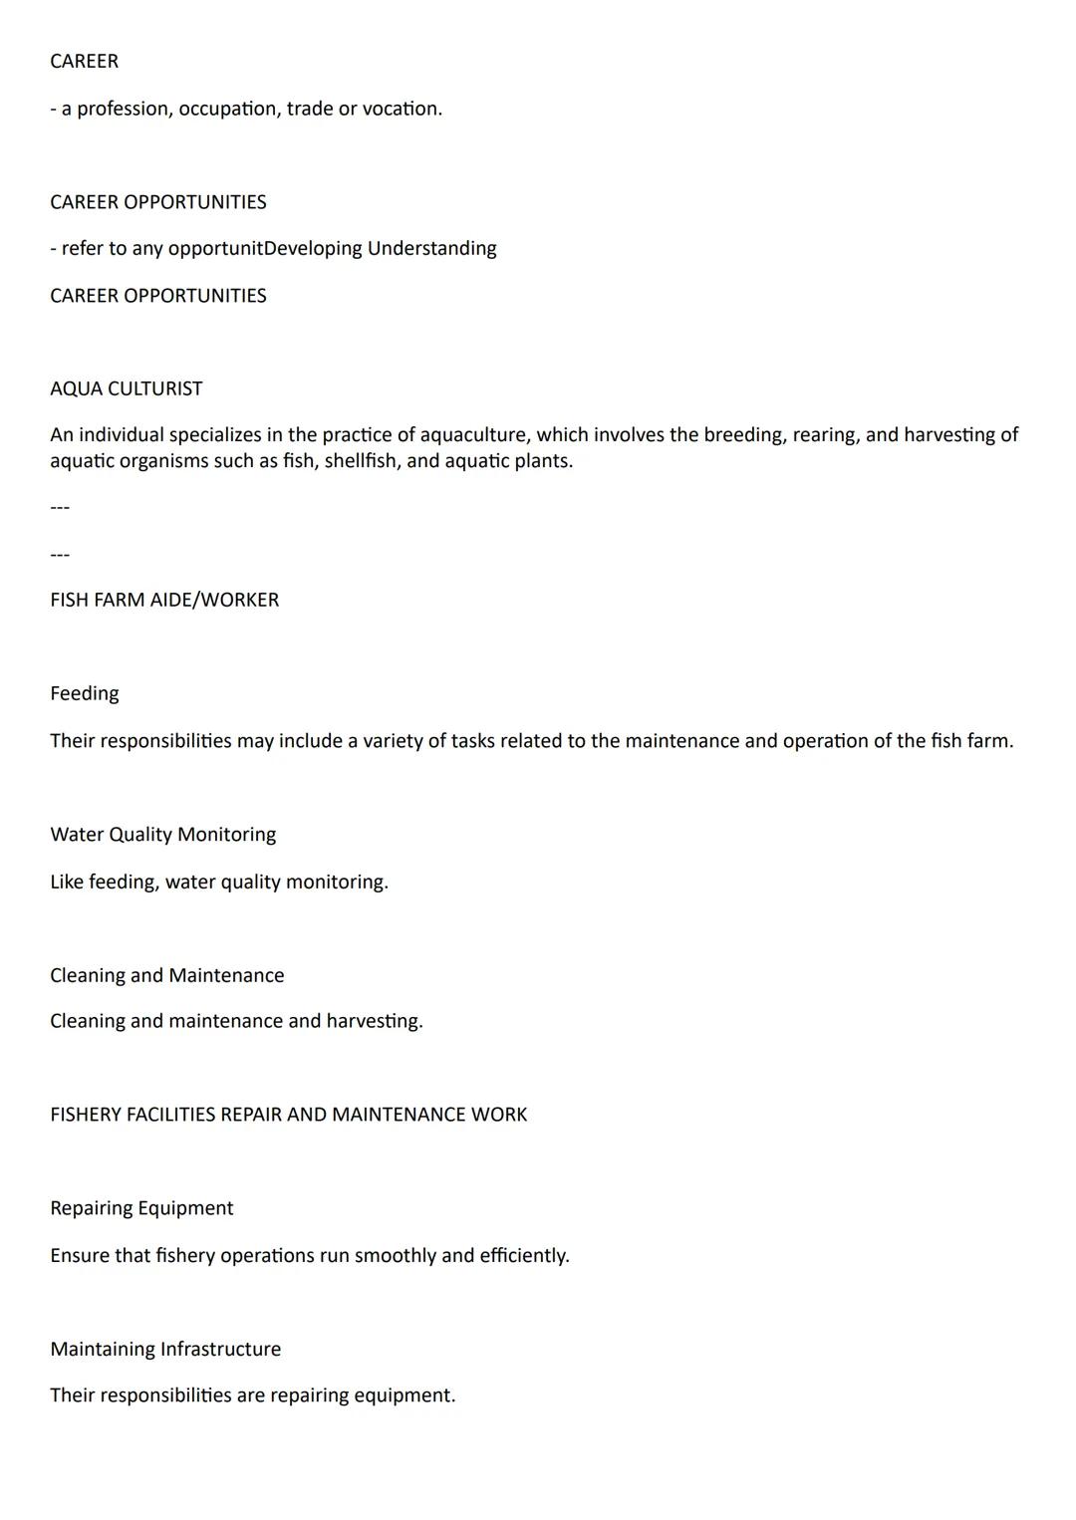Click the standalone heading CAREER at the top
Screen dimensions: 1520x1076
point(84,62)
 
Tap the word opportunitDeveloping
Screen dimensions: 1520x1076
point(265,248)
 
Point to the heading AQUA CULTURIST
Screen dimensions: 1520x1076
point(126,388)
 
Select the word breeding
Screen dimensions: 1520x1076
point(742,435)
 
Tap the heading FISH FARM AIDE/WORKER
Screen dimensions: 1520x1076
point(164,600)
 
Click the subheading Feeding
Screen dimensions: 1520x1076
point(84,693)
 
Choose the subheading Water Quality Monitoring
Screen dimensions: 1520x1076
point(162,835)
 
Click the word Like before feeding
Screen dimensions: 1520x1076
point(67,882)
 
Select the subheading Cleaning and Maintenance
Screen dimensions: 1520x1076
point(166,975)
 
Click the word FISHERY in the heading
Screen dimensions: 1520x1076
point(86,1115)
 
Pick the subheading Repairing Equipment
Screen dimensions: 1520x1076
point(141,1208)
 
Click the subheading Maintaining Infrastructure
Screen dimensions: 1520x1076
point(165,1349)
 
